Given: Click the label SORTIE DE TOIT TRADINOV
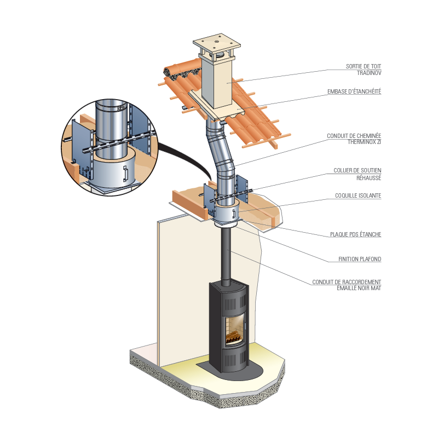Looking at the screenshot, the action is coord(364,70).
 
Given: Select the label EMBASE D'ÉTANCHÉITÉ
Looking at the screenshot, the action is coord(354,91).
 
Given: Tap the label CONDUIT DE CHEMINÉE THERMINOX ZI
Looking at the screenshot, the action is coord(354,139).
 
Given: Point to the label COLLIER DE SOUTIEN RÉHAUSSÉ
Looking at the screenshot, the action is coord(358,174).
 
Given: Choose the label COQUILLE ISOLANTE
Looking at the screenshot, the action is coord(358,195).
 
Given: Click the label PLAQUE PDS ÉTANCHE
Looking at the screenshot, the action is coord(355,234).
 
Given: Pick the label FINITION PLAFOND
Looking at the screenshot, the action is coord(360,259).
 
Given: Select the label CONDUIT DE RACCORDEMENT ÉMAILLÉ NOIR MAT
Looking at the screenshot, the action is coord(347,285).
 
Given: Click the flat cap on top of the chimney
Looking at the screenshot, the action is coord(217,44).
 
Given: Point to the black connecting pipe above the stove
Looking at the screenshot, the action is coord(226,257).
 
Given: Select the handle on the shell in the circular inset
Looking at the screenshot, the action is coord(125,174).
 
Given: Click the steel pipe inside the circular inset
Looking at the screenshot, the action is coord(111,129).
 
